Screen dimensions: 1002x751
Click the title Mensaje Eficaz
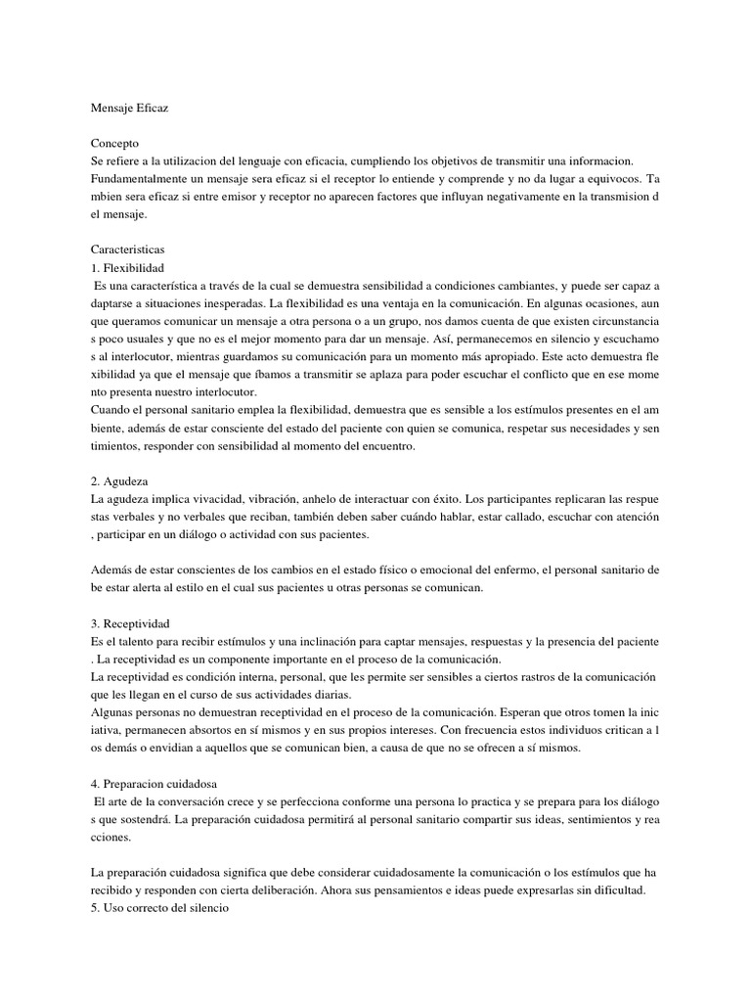tap(129, 107)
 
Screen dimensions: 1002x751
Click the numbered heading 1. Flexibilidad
tap(127, 268)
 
